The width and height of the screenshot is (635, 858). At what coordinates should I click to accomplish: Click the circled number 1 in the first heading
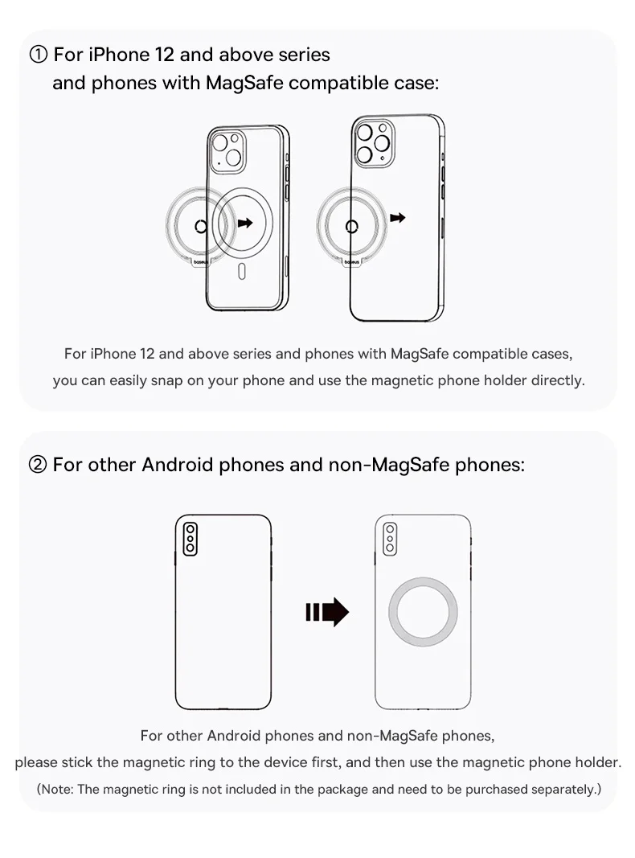pos(39,55)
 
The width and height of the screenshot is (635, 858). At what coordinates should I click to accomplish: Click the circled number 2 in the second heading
pos(38,465)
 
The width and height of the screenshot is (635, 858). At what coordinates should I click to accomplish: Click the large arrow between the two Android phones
pos(327,612)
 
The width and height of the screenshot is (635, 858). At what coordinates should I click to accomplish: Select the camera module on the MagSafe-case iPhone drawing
pos(227,151)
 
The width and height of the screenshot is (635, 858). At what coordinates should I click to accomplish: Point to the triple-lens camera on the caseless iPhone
pos(374,143)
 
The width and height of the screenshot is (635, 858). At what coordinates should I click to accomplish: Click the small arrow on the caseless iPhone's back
pos(398,218)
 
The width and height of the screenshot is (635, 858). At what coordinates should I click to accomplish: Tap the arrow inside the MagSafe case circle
pos(246,223)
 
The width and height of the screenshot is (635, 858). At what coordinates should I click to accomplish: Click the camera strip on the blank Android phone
pos(190,539)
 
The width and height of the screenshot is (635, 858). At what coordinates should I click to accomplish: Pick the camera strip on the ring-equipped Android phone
pos(390,539)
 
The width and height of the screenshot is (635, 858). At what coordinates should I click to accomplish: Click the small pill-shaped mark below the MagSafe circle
pos(242,272)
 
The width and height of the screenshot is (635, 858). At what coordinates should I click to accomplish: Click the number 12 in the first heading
pos(164,55)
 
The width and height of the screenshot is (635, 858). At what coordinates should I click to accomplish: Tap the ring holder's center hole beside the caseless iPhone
pos(352,226)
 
